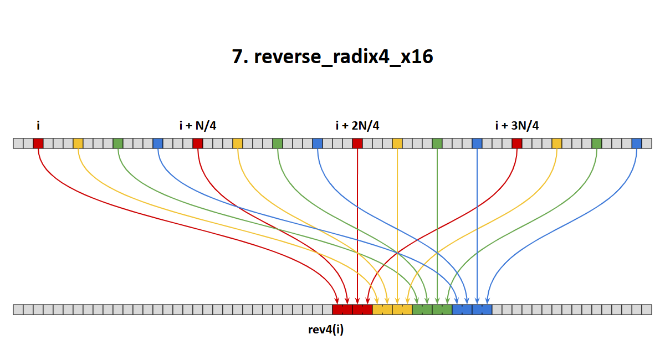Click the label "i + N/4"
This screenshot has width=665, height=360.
pos(198,126)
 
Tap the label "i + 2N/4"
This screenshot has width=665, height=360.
pos(357,126)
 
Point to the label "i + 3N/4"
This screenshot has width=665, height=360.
pos(517,126)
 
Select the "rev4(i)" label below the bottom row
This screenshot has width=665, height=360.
pos(326,330)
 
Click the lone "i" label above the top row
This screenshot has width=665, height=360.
pos(38,126)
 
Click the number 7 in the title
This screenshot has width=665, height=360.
pos(237,56)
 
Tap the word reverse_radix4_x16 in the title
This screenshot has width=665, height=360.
pos(344,57)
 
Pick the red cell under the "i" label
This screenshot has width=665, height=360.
pos(38,143)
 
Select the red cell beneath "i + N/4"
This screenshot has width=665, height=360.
pos(198,143)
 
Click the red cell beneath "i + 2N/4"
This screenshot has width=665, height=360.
pos(357,143)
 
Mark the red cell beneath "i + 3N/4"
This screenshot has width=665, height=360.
pos(517,143)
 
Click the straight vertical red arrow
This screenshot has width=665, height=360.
pos(357,226)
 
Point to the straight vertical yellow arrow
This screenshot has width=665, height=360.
pos(397,226)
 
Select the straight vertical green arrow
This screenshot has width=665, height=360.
pos(437,226)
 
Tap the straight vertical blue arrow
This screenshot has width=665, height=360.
pos(477,226)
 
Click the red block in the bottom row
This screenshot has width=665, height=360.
pos(352,310)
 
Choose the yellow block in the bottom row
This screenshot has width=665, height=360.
pos(392,310)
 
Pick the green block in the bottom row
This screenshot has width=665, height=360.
pos(432,310)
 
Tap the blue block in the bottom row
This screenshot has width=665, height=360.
pos(472,310)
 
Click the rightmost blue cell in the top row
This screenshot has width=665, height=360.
pos(637,143)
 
